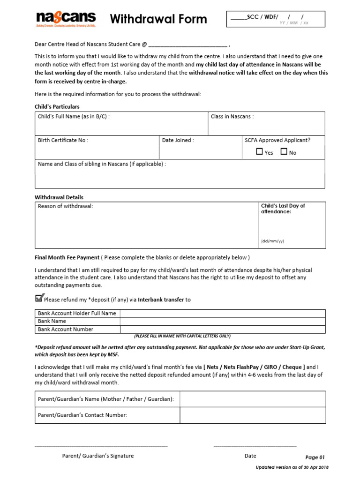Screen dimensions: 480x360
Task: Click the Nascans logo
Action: pyautogui.click(x=66, y=19)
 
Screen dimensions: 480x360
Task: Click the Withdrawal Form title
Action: pyautogui.click(x=158, y=19)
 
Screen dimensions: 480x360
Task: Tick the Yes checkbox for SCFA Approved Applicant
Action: pyautogui.click(x=260, y=152)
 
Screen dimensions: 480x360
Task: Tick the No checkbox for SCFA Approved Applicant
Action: pyautogui.click(x=284, y=152)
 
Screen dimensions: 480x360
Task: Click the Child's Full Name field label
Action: pyautogui.click(x=74, y=117)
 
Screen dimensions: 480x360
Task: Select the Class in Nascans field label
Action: pyautogui.click(x=232, y=117)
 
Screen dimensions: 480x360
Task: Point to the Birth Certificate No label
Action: pyautogui.click(x=63, y=140)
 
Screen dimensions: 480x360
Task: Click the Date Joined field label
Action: pyautogui.click(x=178, y=140)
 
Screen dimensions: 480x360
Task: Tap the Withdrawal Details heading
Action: pyautogui.click(x=59, y=197)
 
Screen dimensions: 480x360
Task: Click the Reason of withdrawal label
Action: pyautogui.click(x=65, y=206)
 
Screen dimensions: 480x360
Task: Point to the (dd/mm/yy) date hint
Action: pyautogui.click(x=272, y=241)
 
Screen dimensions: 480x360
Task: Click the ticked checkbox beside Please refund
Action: pyautogui.click(x=39, y=298)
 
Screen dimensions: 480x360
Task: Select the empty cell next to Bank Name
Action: pyautogui.click(x=222, y=321)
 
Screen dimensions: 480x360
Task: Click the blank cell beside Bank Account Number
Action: pyautogui.click(x=222, y=329)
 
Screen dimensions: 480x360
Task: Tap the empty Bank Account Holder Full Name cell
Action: pyautogui.click(x=222, y=313)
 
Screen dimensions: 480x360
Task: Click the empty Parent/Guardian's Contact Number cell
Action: pyautogui.click(x=252, y=415)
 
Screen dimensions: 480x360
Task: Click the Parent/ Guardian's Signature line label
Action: pyautogui.click(x=98, y=456)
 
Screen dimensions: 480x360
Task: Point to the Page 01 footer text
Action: pyautogui.click(x=315, y=457)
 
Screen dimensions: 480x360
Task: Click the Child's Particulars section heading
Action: pyautogui.click(x=57, y=107)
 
